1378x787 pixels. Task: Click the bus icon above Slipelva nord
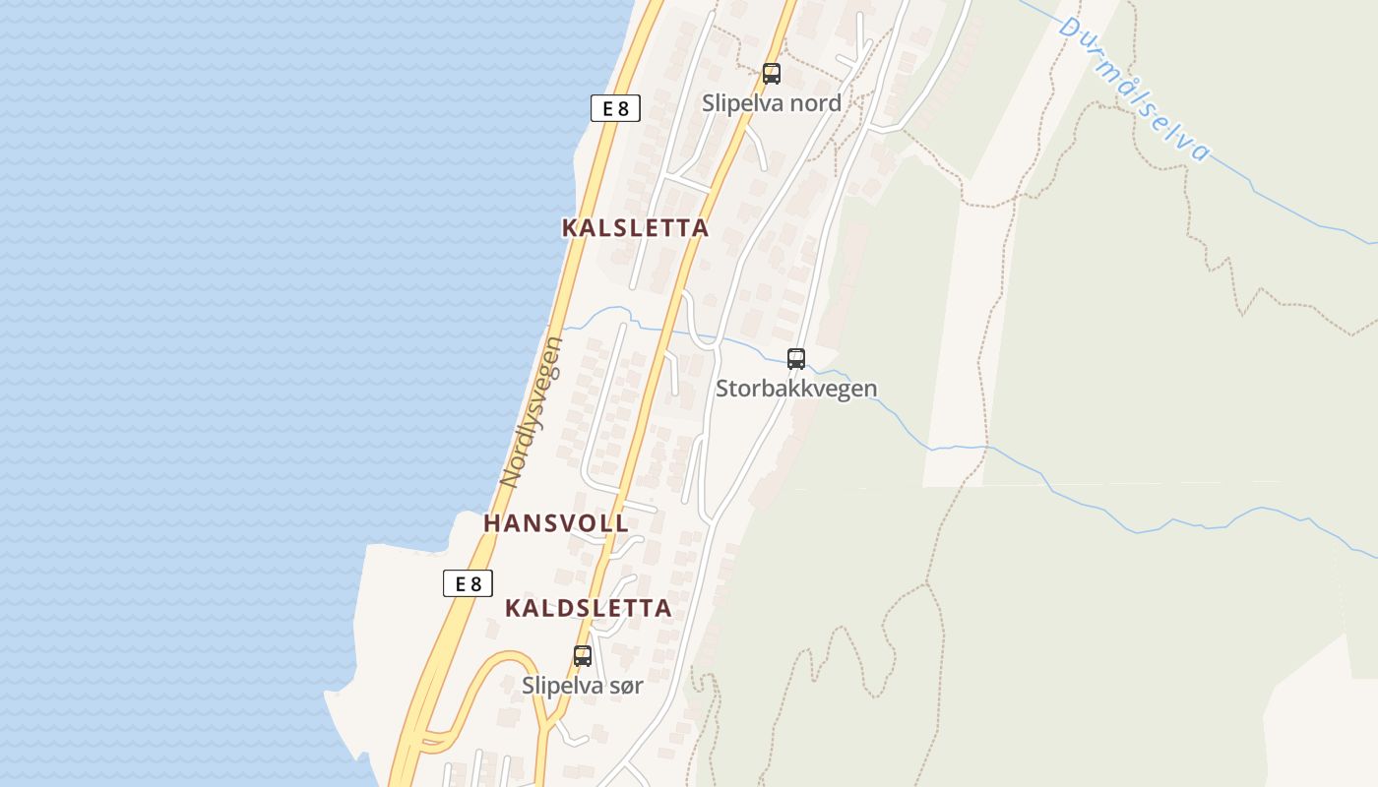(x=772, y=73)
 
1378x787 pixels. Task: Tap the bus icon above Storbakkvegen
(x=796, y=359)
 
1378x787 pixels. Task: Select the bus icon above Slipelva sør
(x=583, y=656)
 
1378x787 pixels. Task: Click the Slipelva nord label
(x=772, y=102)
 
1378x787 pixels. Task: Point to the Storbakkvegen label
(x=796, y=389)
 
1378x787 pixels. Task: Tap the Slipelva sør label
(x=583, y=686)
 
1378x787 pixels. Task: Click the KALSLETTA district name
(x=635, y=228)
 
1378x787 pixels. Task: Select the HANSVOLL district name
(x=556, y=523)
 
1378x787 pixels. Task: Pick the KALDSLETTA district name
(x=589, y=608)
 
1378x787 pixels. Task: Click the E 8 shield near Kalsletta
(x=615, y=108)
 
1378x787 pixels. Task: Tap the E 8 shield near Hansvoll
(x=468, y=583)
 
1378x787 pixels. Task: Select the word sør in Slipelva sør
(x=625, y=686)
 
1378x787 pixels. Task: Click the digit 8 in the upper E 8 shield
(x=622, y=108)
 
